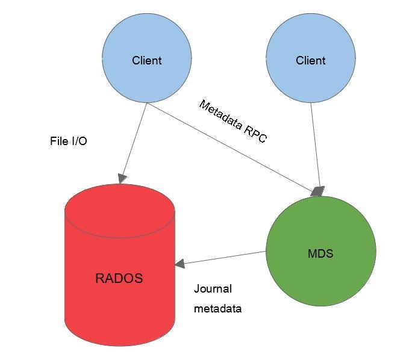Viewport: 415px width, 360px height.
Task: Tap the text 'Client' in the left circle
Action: [147, 60]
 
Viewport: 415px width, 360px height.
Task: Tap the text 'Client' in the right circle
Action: [310, 60]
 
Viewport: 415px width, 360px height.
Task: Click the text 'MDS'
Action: [320, 253]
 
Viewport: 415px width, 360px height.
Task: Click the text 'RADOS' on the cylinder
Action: [119, 278]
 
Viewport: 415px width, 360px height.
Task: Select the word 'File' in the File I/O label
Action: [59, 142]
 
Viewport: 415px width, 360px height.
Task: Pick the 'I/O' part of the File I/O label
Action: [79, 142]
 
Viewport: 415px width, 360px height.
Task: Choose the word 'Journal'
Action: [213, 289]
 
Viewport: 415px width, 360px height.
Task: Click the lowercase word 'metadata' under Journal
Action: [217, 309]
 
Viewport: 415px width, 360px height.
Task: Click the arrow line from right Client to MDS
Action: [314, 144]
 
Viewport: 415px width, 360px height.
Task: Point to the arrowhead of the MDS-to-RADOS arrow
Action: [179, 264]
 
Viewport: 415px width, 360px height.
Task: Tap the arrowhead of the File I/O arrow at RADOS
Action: [122, 178]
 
